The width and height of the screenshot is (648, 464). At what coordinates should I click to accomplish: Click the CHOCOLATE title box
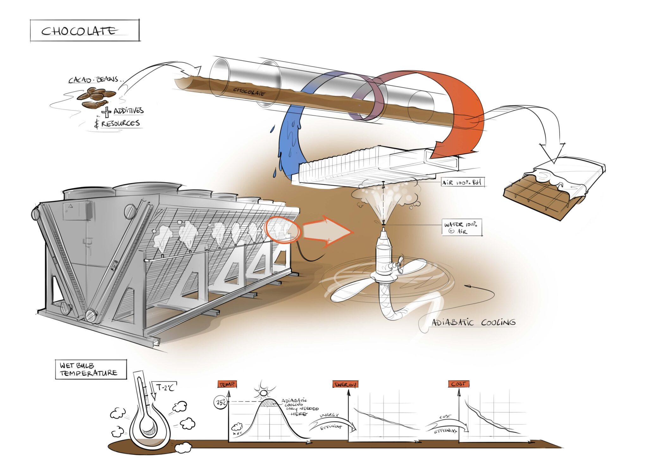pos(84,31)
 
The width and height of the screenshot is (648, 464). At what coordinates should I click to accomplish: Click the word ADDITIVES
pos(128,111)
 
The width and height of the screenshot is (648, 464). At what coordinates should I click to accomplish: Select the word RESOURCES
pos(120,123)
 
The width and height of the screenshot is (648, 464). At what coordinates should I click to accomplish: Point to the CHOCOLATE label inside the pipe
pos(249,92)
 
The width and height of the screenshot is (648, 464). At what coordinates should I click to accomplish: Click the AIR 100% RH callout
pos(463,182)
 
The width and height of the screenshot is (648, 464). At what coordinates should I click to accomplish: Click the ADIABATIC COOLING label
pos(473,322)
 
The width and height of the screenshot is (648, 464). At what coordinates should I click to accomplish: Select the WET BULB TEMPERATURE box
pos(91,369)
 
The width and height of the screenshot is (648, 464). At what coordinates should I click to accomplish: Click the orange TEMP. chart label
pos(227,384)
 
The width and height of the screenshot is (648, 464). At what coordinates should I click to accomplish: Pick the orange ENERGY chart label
pos(345,384)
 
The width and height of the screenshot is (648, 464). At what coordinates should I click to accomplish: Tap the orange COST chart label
pos(458,384)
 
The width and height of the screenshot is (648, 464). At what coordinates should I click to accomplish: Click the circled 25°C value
pos(221,403)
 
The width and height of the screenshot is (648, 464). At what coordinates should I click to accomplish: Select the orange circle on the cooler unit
pos(283,229)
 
